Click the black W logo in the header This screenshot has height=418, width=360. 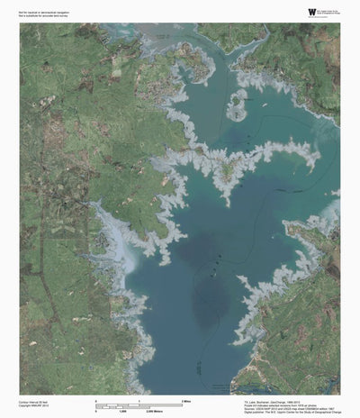click(x=286, y=11)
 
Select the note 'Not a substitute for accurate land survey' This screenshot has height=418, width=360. click(x=41, y=14)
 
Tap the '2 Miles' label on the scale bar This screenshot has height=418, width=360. click(x=186, y=399)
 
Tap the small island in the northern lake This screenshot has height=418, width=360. click(x=237, y=104)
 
